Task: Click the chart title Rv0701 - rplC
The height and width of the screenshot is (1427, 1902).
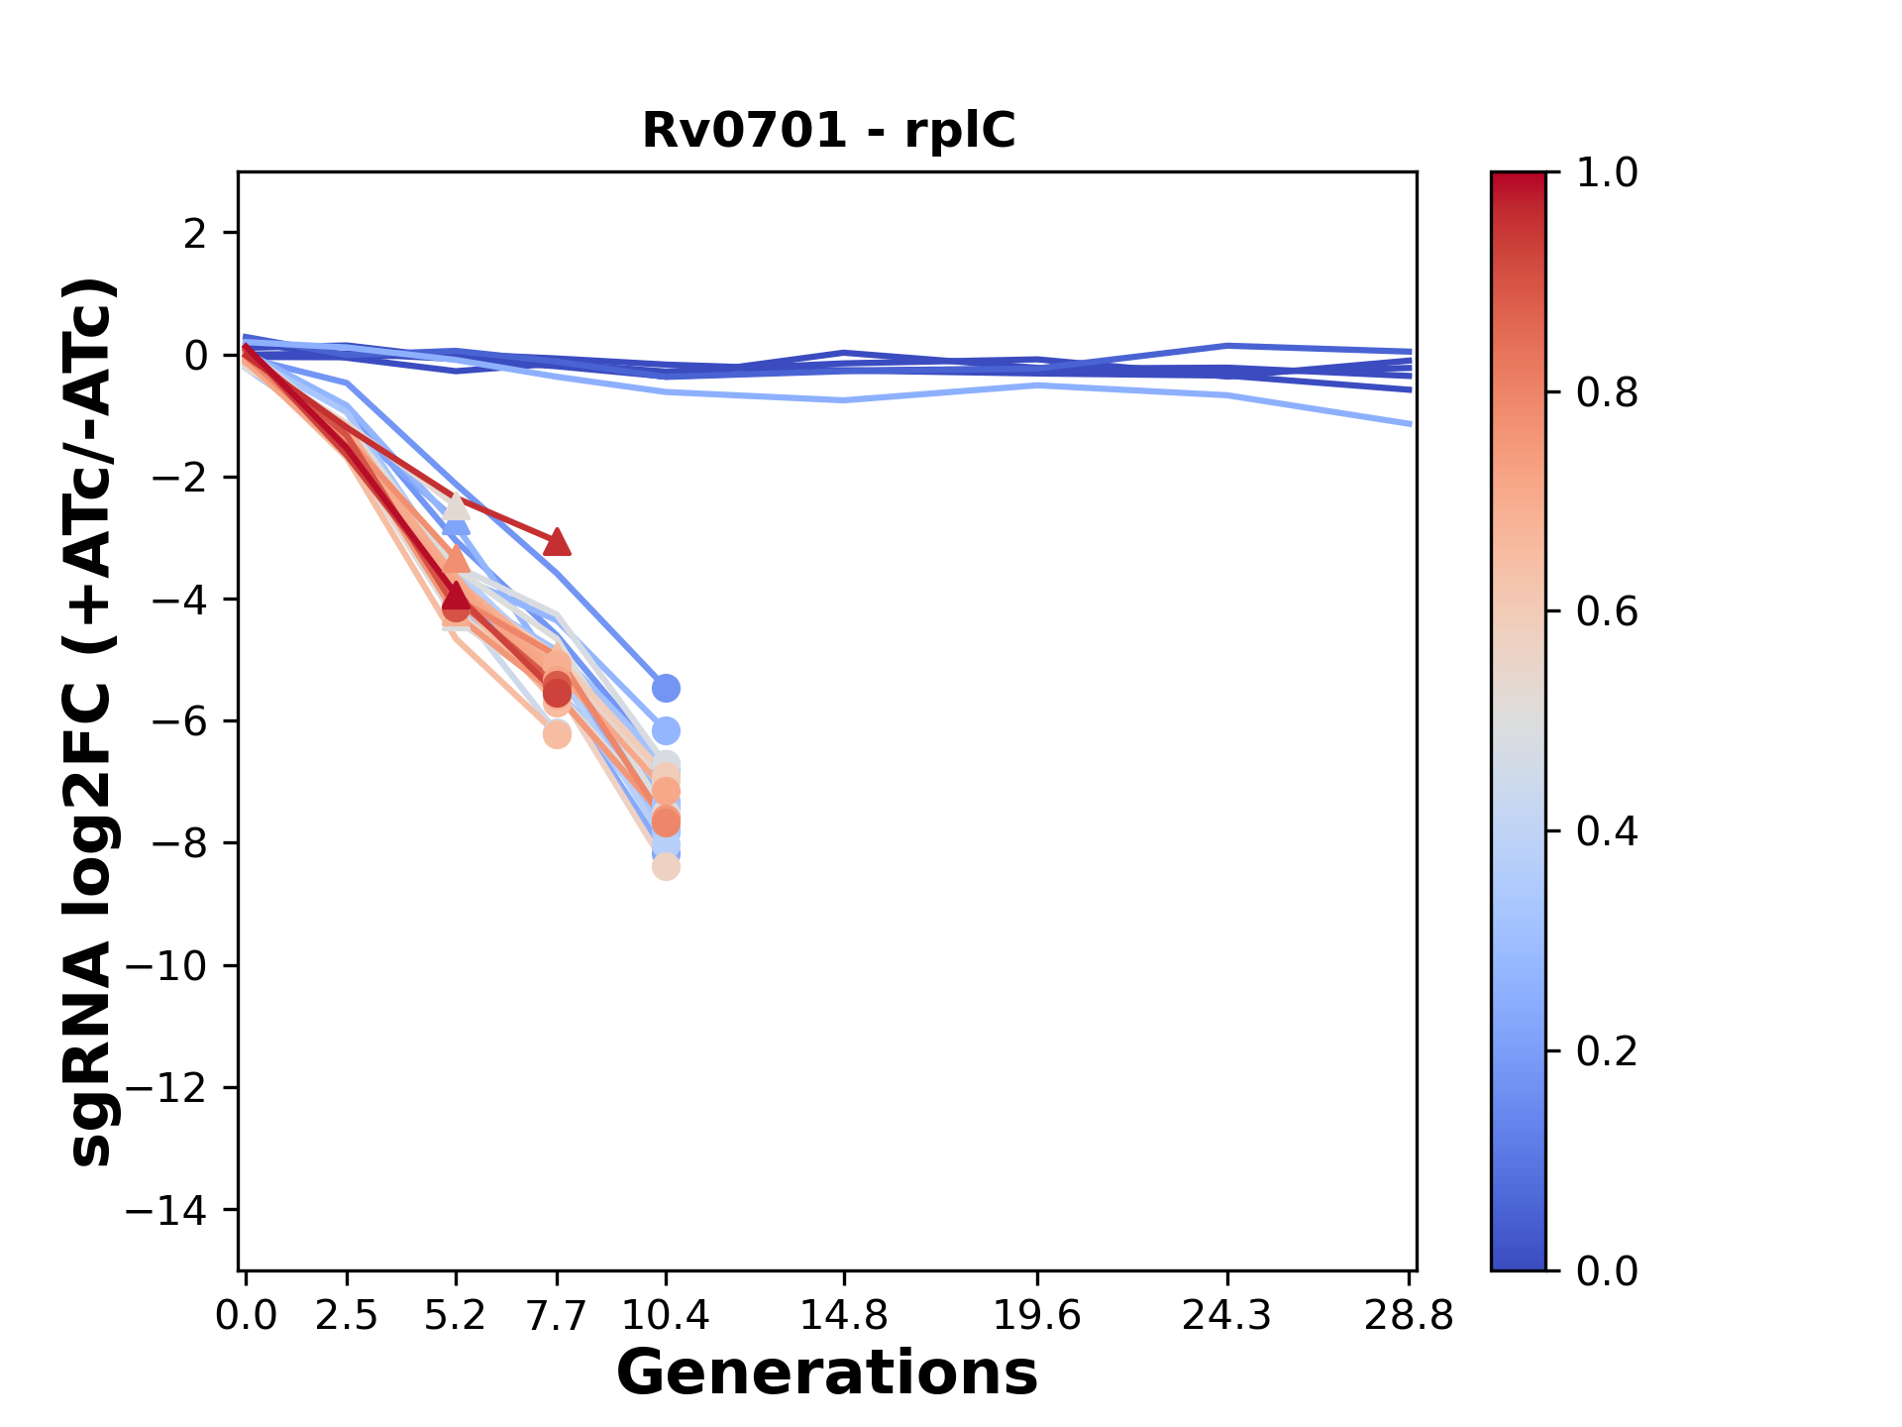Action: coord(828,131)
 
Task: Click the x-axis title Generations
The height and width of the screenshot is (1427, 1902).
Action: coord(827,1373)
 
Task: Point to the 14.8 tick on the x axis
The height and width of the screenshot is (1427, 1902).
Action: coord(844,1315)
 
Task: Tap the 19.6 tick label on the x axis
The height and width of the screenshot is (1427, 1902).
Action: coord(1036,1315)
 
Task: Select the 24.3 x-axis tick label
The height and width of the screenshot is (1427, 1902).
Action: coord(1227,1315)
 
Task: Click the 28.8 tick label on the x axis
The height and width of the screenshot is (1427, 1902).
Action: coord(1409,1315)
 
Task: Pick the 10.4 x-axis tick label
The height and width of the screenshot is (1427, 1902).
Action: coord(666,1315)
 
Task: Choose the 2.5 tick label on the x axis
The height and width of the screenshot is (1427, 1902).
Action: coord(347,1315)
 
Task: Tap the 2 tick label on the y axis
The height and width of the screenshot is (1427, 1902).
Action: coord(196,233)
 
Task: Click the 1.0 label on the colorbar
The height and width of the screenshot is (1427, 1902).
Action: coord(1607,172)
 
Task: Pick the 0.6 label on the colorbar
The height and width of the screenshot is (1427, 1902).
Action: coord(1607,611)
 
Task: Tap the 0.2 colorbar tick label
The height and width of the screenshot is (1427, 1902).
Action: coord(1607,1050)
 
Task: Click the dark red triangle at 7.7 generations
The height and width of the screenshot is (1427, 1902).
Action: coord(558,541)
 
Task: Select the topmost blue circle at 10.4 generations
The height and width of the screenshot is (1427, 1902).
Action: coord(666,688)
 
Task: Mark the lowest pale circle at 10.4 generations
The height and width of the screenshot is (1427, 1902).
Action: coord(666,867)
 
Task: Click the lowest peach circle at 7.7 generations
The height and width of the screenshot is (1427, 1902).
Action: coord(558,734)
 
